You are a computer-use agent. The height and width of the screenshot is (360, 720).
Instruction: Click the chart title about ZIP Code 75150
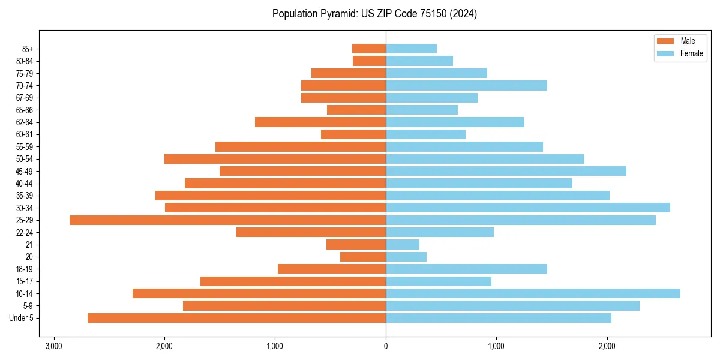click(374, 14)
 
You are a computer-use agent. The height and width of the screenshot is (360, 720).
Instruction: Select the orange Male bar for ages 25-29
click(227, 220)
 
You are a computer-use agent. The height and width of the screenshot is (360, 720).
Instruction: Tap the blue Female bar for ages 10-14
click(533, 293)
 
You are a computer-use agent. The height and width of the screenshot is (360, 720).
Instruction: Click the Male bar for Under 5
click(236, 318)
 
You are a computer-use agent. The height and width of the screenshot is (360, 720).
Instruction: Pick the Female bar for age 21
click(403, 245)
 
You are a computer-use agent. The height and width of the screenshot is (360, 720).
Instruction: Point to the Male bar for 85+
click(369, 49)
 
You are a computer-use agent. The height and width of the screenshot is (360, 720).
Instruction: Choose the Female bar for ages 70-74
click(466, 85)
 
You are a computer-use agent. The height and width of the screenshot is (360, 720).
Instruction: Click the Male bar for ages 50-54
click(275, 159)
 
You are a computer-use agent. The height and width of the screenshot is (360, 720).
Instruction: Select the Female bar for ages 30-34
click(528, 208)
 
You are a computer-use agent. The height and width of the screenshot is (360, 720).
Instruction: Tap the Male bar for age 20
click(363, 257)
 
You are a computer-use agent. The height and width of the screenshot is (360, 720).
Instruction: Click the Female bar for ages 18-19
click(466, 269)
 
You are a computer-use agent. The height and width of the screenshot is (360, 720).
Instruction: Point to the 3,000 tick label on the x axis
click(54, 346)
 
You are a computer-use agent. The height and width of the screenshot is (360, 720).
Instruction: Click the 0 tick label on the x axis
click(386, 346)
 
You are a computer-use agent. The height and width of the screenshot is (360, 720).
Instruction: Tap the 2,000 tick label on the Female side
click(607, 346)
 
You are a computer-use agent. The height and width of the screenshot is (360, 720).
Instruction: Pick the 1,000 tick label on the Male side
click(275, 346)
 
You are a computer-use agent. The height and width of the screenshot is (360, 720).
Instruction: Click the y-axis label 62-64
click(25, 122)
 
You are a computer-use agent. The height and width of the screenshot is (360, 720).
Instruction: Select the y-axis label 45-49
click(25, 171)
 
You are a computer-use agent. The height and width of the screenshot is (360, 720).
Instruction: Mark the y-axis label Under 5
click(22, 318)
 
